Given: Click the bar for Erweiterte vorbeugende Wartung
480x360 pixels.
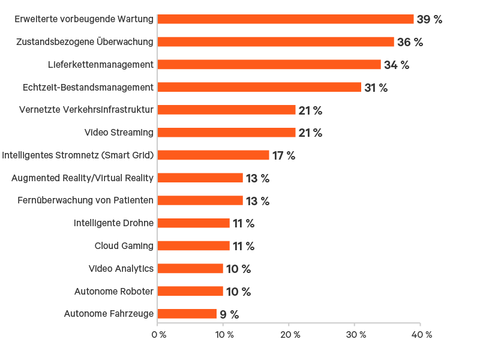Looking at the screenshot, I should coord(286,19).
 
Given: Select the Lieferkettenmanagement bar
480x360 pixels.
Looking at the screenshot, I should coord(269,65).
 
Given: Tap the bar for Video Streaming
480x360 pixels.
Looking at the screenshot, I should coord(226,133).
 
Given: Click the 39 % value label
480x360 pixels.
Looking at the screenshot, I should coord(429,19).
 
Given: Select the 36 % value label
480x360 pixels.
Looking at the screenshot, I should coord(410,42).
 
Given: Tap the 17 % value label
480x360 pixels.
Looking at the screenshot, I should coord(284,155).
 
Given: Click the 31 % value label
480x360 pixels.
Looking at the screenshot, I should coord(376,88).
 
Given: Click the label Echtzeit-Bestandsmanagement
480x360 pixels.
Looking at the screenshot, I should coord(88,88).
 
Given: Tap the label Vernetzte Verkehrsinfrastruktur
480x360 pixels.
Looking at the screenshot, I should coord(86,110).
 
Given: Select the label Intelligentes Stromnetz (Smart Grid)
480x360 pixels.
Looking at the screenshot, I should coord(78,155).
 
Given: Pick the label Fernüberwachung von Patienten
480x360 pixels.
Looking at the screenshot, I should coord(85,200).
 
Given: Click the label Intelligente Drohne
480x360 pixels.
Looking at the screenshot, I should coord(114,223).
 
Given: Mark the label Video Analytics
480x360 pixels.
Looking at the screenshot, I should coord(121,269).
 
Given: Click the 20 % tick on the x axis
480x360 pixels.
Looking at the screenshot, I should coord(289,334).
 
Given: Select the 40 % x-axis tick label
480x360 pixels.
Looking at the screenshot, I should coord(420,334).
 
